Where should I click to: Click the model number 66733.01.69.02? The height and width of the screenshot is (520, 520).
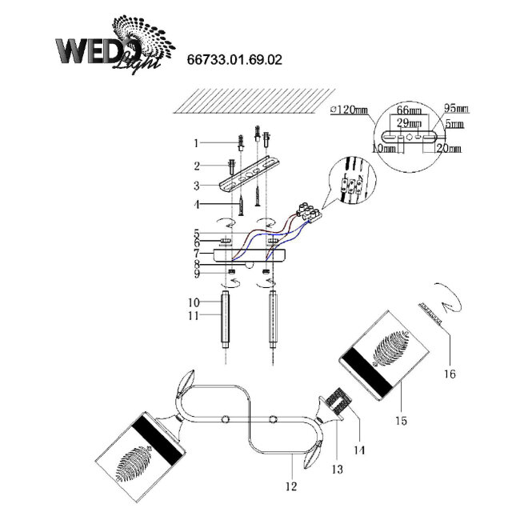click(x=234, y=59)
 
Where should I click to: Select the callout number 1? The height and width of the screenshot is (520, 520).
click(x=194, y=143)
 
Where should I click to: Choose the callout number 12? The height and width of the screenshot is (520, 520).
click(x=290, y=486)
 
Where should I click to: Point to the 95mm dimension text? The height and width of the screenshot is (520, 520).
click(x=457, y=108)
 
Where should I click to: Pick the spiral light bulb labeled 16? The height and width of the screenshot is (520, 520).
click(x=445, y=303)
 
